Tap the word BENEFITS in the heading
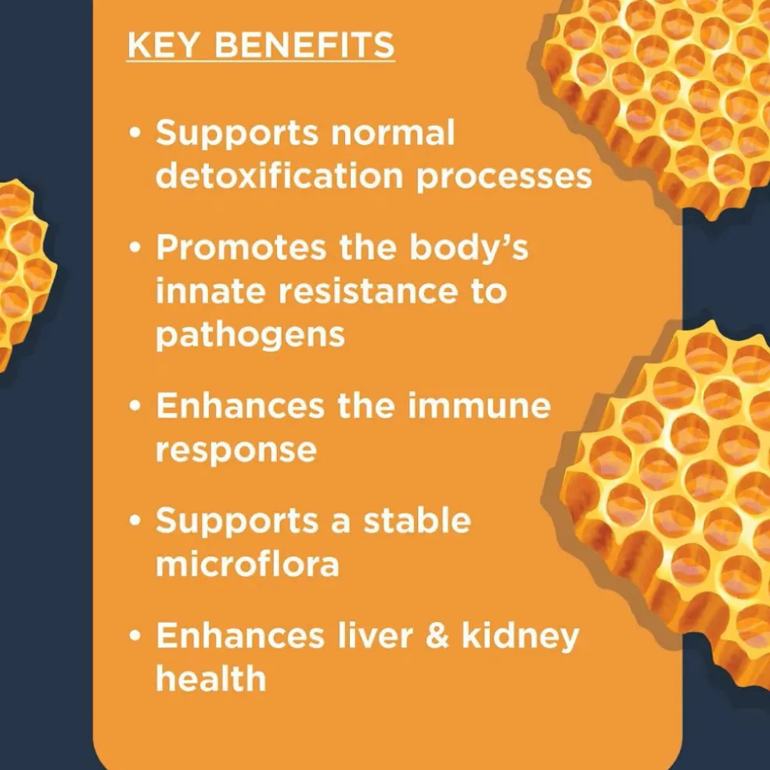click(304, 45)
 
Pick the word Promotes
click(241, 246)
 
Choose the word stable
click(417, 520)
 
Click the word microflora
click(247, 563)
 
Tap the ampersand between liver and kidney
click(437, 635)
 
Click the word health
click(210, 678)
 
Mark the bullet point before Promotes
click(135, 247)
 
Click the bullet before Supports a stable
click(135, 520)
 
